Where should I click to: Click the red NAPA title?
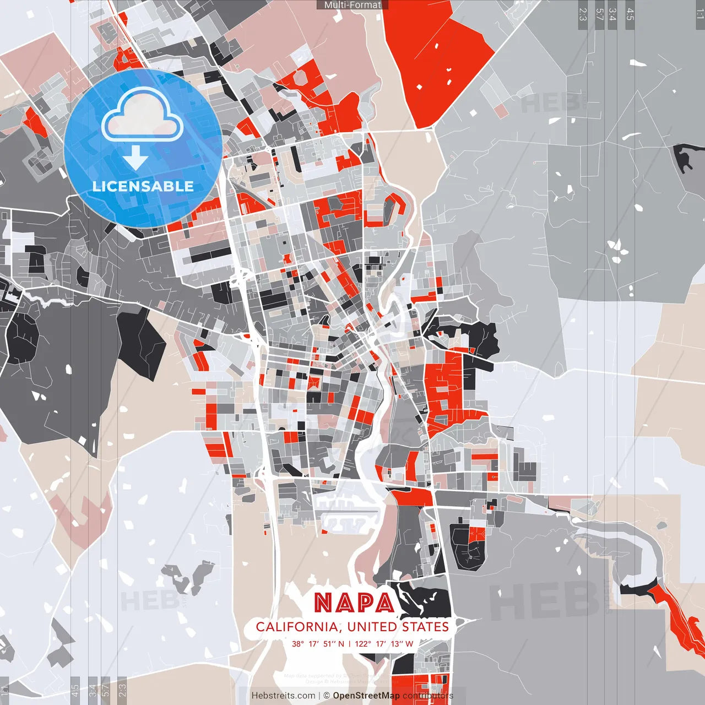(x=354, y=603)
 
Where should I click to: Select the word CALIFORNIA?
(x=297, y=627)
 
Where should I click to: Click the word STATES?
(x=425, y=627)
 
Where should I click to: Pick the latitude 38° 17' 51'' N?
(x=318, y=643)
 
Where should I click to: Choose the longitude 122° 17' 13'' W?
(x=384, y=643)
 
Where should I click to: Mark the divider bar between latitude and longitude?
(x=349, y=643)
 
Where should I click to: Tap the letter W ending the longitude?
(x=409, y=643)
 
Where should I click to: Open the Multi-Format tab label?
(x=352, y=5)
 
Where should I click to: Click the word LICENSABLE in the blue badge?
(x=143, y=186)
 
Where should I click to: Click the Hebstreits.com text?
(x=283, y=696)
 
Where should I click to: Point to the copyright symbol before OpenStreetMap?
(x=327, y=696)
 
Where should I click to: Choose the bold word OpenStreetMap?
(x=366, y=696)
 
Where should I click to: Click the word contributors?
(x=428, y=696)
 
